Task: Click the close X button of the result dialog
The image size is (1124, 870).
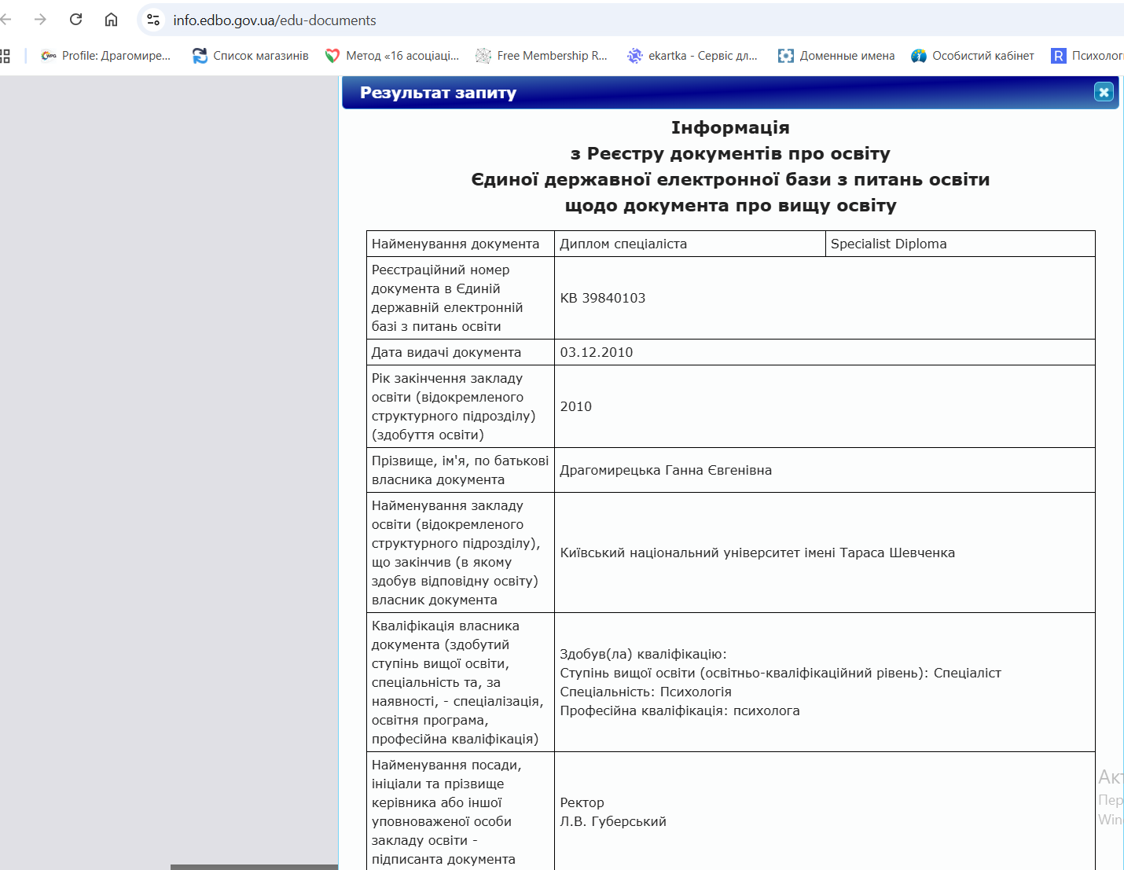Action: point(1104,92)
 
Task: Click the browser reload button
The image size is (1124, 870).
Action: point(76,20)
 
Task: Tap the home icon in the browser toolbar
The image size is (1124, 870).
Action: point(111,20)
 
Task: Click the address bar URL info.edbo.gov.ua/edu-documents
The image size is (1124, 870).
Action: point(274,20)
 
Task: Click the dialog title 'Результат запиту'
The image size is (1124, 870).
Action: point(438,93)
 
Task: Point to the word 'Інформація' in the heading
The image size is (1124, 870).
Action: point(730,127)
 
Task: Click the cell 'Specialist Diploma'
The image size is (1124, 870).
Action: point(888,244)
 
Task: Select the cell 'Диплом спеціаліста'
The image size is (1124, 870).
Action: point(623,244)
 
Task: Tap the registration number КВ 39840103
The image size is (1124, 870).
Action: point(603,298)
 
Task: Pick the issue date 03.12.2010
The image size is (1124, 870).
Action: point(597,352)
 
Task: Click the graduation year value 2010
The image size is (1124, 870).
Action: point(576,406)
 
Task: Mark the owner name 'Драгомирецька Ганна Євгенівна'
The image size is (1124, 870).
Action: point(666,470)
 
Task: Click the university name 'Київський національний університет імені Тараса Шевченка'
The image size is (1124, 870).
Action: point(757,552)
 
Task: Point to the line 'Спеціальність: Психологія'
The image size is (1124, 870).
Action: point(645,692)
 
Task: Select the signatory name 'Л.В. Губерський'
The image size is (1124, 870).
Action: point(613,821)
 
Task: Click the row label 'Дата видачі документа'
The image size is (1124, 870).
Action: point(446,352)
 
